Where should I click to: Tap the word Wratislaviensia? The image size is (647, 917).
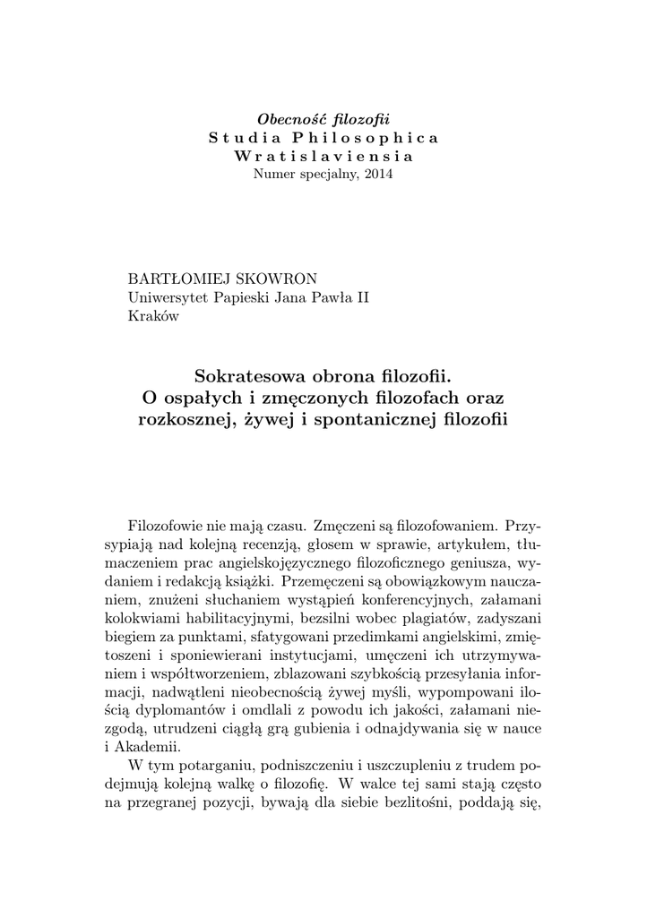pyautogui.click(x=323, y=156)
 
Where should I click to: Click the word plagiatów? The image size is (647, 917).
pyautogui.click(x=423, y=617)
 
